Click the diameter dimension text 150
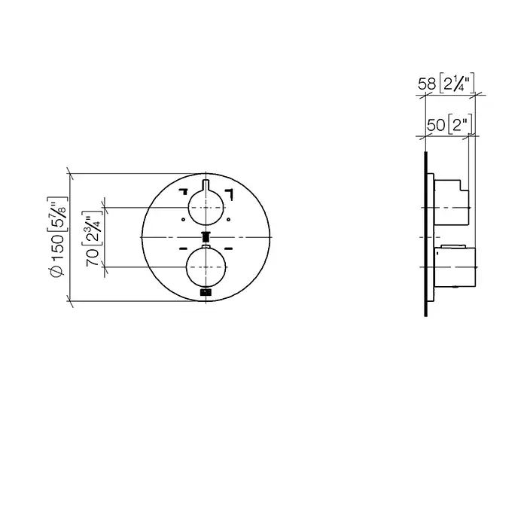click(58, 248)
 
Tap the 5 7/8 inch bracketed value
click(58, 214)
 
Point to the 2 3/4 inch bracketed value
click(91, 230)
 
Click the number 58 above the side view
click(427, 84)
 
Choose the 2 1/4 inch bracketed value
click(457, 83)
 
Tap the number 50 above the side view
click(436, 126)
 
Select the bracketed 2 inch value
click(460, 125)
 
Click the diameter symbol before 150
click(57, 271)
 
